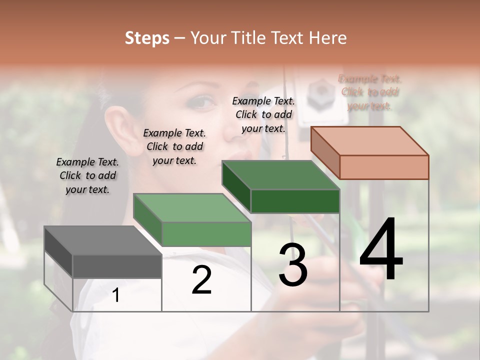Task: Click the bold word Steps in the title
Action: (147, 38)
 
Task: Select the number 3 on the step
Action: (293, 264)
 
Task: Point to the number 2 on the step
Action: (201, 280)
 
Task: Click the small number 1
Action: (116, 295)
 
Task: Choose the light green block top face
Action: (192, 208)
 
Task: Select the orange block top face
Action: (370, 141)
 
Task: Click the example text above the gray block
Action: (87, 175)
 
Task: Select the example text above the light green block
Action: (174, 146)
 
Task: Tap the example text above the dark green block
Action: (263, 114)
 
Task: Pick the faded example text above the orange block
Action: (370, 92)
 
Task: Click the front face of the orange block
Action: (384, 167)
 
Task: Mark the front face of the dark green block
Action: (295, 201)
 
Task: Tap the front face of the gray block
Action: (117, 266)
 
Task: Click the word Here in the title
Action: (328, 38)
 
